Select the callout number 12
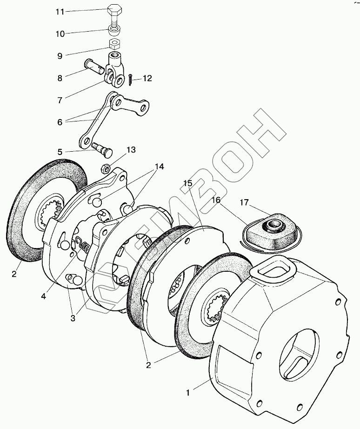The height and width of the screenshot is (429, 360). pos(147,79)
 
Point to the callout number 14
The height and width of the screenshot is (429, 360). pos(160,166)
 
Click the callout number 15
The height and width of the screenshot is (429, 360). pos(187,183)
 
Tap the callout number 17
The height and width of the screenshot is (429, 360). pos(244,202)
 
